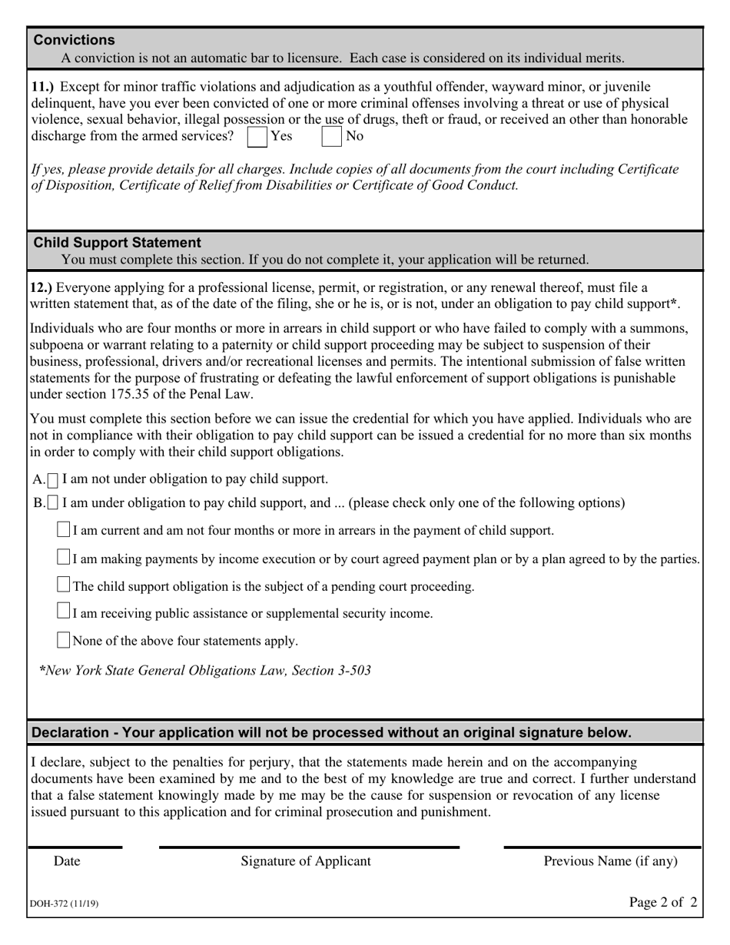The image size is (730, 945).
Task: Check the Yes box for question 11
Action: tap(257, 137)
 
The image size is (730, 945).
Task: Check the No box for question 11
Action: tap(331, 137)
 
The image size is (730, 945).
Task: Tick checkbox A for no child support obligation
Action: tap(53, 480)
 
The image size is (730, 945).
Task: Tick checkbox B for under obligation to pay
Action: tap(53, 504)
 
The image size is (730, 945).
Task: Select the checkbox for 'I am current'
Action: tap(64, 530)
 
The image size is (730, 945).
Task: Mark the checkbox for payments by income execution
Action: tap(64, 558)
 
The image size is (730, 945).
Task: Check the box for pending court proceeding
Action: tap(64, 585)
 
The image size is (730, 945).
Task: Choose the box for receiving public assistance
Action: tap(64, 612)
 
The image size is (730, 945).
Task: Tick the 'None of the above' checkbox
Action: tap(64, 640)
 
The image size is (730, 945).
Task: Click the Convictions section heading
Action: tap(75, 40)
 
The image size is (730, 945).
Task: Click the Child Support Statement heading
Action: tap(118, 243)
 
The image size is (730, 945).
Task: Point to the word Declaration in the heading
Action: tap(68, 733)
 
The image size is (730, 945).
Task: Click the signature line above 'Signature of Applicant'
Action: tap(309, 847)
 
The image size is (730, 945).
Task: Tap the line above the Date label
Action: tap(75, 847)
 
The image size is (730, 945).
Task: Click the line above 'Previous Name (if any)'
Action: tap(602, 847)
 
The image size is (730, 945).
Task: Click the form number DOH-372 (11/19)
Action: tap(65, 904)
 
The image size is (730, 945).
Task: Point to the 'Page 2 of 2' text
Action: tap(663, 903)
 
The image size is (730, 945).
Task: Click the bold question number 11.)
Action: tap(43, 87)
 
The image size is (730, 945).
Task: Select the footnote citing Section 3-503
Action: tap(206, 671)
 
